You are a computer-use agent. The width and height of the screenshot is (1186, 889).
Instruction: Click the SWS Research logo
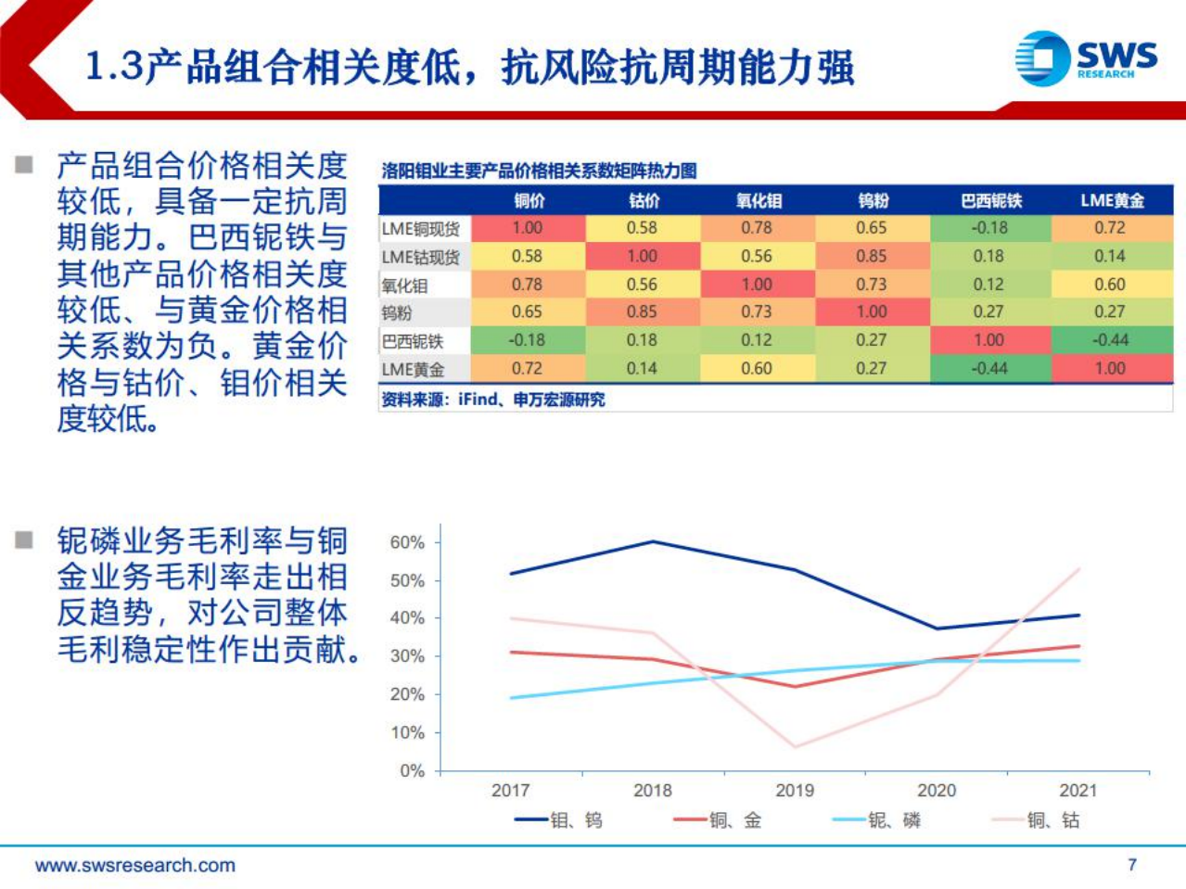point(1086,58)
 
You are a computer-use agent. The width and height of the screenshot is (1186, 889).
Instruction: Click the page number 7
point(1131,864)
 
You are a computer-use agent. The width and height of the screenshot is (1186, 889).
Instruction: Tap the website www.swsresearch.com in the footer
point(135,865)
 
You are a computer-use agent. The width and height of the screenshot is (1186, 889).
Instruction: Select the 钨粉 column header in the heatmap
point(872,200)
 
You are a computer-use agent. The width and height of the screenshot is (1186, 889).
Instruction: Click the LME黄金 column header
point(1111,200)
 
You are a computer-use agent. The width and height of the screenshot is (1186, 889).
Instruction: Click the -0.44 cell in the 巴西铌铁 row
point(1110,340)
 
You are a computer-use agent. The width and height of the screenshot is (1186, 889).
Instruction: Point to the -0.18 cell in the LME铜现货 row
point(988,228)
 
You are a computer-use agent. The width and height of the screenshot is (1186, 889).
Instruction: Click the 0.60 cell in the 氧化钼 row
point(1110,285)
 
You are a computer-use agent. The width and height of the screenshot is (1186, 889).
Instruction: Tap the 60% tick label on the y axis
point(406,542)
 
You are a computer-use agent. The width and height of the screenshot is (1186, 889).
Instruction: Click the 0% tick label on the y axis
point(412,770)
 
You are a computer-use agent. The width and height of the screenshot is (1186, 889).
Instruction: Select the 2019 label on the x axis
point(794,791)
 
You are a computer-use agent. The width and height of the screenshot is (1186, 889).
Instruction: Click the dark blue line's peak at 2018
point(654,541)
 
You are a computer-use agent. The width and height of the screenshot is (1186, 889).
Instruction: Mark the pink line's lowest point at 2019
point(796,746)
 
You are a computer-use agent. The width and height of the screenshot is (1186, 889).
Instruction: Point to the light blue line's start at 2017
point(511,698)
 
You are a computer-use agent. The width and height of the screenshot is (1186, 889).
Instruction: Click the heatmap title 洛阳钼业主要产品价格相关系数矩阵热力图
point(539,171)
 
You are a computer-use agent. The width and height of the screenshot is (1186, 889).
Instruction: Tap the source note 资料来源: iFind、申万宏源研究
point(492,400)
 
